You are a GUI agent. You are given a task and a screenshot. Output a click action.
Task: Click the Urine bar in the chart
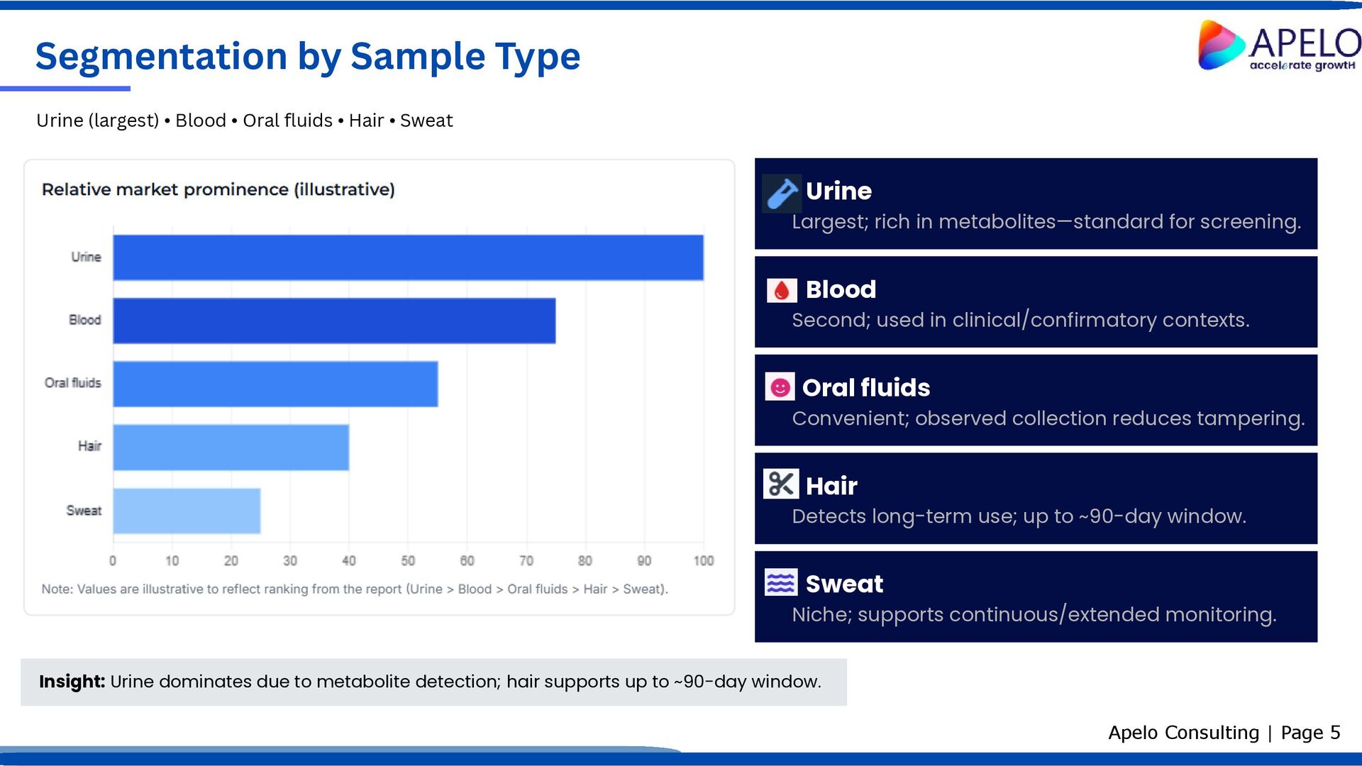point(408,257)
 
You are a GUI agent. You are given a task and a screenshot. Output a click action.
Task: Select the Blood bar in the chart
point(334,321)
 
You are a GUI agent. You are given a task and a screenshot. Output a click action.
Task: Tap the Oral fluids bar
point(275,384)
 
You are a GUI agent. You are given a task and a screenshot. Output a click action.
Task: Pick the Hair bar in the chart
point(231,447)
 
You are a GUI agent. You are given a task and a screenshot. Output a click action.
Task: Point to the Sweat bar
point(187,511)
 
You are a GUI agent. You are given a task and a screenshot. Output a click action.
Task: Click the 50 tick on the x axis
point(408,561)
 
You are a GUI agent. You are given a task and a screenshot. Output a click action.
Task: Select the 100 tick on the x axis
point(703,561)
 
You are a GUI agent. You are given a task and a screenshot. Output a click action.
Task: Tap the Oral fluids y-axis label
point(73,383)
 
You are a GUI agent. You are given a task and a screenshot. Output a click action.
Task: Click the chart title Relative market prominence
point(218,189)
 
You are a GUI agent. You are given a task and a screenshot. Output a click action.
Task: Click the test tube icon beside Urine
point(782,194)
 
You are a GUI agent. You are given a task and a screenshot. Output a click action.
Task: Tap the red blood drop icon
point(782,290)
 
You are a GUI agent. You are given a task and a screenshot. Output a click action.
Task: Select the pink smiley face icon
point(780,387)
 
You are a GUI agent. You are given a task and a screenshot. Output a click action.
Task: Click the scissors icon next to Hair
point(781,484)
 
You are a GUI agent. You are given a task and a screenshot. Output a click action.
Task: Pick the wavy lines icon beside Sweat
point(781,582)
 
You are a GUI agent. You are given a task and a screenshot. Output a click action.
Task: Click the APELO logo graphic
point(1221,45)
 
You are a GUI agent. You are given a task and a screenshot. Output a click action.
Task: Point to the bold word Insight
point(72,682)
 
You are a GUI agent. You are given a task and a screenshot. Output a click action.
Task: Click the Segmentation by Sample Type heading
point(308,56)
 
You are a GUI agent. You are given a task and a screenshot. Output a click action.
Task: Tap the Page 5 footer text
point(1310,733)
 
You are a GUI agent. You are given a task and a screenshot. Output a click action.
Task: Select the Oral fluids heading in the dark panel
point(865,388)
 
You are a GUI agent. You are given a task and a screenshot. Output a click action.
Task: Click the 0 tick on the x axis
point(113,561)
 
